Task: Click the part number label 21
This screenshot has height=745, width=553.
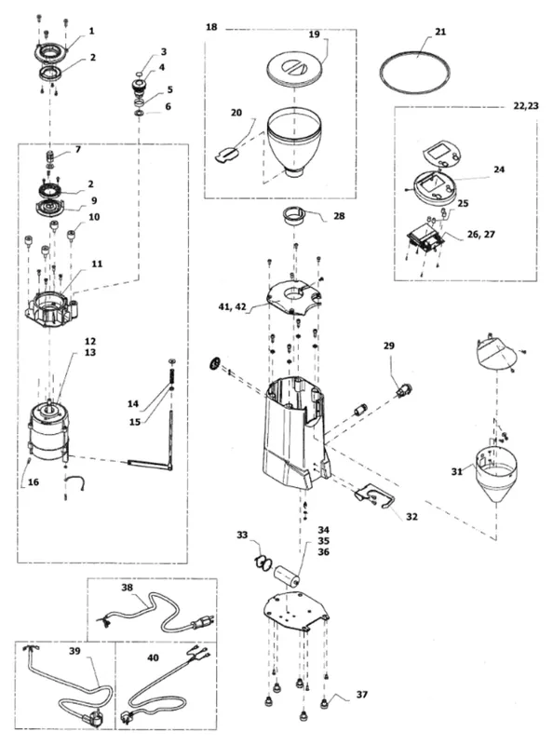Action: coord(440,32)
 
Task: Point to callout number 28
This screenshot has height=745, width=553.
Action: coord(339,216)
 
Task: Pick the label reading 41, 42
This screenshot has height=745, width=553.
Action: coord(233,307)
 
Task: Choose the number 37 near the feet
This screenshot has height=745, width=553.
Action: coord(362,695)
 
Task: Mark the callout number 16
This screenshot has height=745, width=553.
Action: coord(34,482)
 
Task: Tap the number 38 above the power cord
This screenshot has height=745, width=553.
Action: coord(128,588)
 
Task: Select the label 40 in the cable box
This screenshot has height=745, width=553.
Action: coord(153,658)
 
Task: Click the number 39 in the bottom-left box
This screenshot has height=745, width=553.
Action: coord(74,651)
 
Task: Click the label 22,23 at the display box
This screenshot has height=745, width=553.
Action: coord(526,106)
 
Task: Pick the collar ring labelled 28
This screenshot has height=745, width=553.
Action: coord(295,215)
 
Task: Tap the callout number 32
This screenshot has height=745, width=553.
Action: coord(411,517)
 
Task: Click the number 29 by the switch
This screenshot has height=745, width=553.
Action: coord(389,345)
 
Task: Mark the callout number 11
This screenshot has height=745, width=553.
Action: coord(97,264)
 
